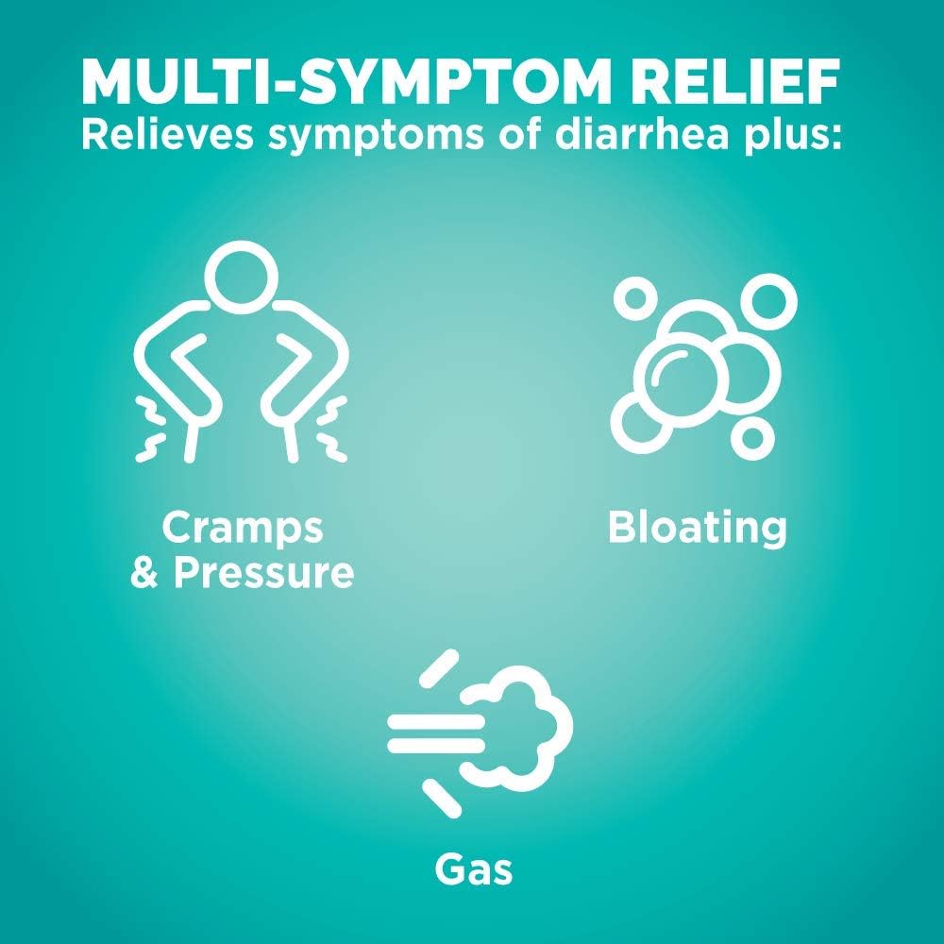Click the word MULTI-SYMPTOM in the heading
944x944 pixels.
click(x=346, y=81)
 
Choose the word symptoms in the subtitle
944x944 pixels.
click(x=375, y=136)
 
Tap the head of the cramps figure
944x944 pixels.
click(x=242, y=278)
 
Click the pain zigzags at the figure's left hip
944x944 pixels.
click(x=150, y=429)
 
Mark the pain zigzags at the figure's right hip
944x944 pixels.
click(x=332, y=429)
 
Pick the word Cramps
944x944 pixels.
click(x=243, y=529)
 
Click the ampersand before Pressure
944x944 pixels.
click(x=143, y=573)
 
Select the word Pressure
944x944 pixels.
click(x=263, y=572)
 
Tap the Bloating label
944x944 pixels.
click(x=698, y=529)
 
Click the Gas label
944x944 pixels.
click(x=474, y=869)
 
